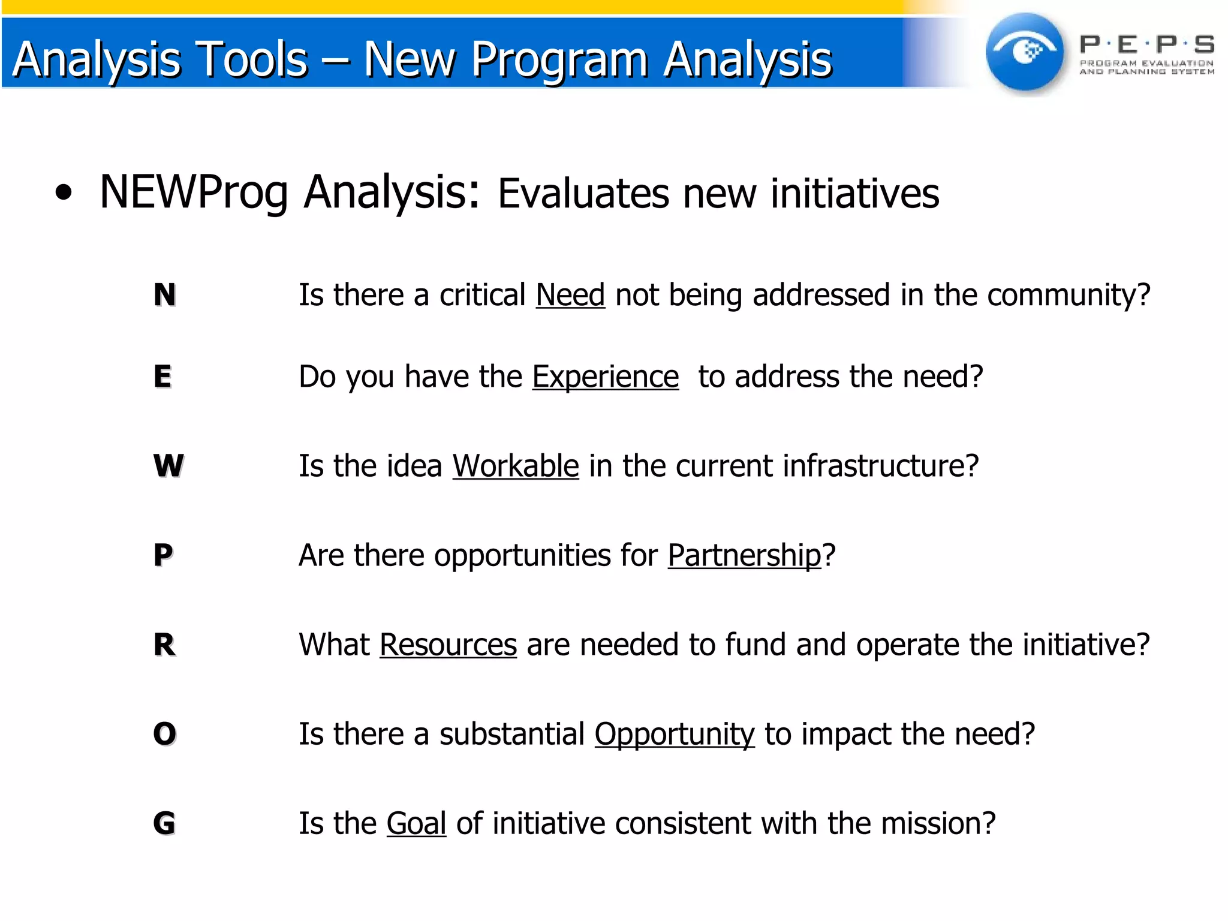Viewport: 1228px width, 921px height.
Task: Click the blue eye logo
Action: [1025, 52]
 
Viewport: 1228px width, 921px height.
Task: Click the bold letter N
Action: [165, 295]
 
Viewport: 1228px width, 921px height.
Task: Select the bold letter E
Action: [162, 377]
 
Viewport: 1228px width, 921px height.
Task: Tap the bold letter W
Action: [168, 466]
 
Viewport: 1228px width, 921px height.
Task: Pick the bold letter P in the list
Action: [163, 555]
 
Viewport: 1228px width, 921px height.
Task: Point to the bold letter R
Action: [164, 645]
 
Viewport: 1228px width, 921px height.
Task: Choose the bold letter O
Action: [165, 734]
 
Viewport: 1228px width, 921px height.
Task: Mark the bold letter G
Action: [164, 823]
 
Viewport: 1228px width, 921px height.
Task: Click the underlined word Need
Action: [570, 295]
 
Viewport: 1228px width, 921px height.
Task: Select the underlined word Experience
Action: [606, 377]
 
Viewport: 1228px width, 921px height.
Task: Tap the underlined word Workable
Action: [516, 466]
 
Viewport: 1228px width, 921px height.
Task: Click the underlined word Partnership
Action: [744, 555]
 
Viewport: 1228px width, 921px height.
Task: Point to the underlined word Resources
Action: [448, 645]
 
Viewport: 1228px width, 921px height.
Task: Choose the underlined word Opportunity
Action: [675, 734]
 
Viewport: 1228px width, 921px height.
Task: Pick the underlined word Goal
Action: [416, 823]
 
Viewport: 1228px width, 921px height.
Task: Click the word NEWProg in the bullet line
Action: [194, 192]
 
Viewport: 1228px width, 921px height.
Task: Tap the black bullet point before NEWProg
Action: [64, 193]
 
